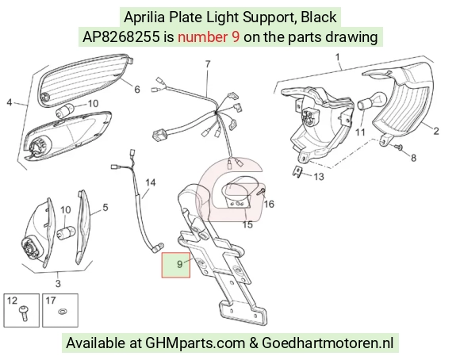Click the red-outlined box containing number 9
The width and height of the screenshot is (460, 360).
(x=176, y=265)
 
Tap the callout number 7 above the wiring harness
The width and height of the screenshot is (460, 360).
(x=208, y=64)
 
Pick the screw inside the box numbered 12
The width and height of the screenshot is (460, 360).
(x=23, y=312)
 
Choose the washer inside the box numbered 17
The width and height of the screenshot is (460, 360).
(x=62, y=311)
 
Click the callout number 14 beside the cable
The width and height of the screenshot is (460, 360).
(x=151, y=183)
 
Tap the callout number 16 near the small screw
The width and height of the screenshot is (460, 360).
(x=269, y=204)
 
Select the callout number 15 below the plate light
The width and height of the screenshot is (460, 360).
(x=247, y=224)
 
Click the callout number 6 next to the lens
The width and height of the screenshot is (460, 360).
(x=137, y=89)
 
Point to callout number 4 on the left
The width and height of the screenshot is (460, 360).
(x=10, y=103)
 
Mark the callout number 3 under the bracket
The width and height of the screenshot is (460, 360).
(x=58, y=283)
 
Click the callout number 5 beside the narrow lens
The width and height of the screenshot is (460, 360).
(x=105, y=208)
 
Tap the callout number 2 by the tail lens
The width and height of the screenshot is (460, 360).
(x=436, y=131)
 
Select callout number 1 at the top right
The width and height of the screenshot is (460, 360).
(x=338, y=57)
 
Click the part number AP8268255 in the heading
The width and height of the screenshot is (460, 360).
(x=121, y=37)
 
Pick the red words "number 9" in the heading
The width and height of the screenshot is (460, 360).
(x=209, y=37)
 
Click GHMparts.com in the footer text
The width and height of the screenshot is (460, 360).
(x=195, y=343)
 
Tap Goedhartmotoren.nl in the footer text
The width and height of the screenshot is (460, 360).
(x=327, y=343)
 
